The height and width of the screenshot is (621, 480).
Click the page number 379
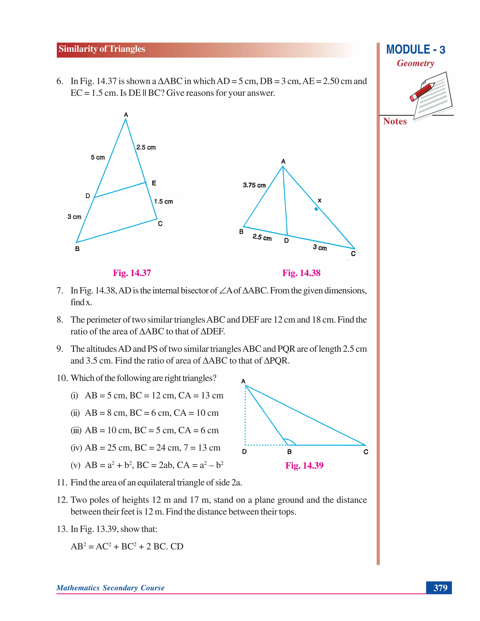(440, 588)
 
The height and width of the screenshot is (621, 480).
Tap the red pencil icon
(423, 92)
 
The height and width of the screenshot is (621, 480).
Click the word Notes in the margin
(395, 121)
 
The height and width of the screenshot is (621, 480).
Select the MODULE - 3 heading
(416, 50)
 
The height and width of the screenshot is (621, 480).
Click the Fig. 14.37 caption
(132, 273)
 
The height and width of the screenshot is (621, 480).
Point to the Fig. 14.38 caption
(301, 273)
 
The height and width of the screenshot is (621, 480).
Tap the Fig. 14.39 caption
(304, 465)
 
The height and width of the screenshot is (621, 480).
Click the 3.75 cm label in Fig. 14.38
(254, 185)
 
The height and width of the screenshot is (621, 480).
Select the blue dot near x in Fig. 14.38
(316, 209)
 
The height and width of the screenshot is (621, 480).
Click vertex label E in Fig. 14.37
(154, 183)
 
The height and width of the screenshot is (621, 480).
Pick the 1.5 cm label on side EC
(164, 202)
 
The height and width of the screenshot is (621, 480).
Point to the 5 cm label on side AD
(98, 157)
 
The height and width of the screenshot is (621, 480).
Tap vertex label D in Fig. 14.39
(244, 452)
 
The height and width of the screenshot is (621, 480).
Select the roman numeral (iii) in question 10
(76, 430)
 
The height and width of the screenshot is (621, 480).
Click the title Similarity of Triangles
(102, 49)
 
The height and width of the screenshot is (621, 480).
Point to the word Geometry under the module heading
(416, 63)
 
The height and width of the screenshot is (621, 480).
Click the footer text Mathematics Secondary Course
(110, 588)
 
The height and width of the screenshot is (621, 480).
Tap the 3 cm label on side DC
(320, 247)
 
